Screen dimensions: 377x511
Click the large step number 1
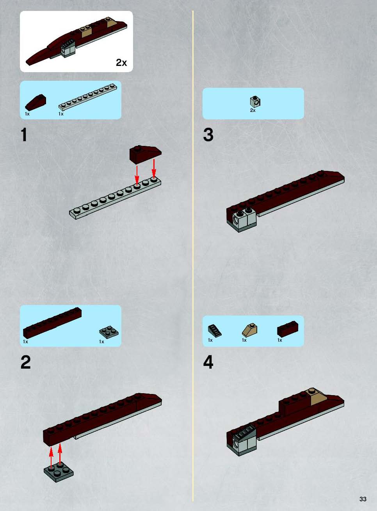(24, 135)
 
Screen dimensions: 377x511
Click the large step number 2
(25, 362)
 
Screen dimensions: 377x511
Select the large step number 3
(208, 135)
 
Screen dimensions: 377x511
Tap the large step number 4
(208, 362)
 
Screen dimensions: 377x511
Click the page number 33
(363, 499)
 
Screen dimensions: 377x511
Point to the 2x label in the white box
(121, 62)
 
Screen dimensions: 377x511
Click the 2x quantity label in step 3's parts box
(253, 110)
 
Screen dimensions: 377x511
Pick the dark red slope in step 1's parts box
(36, 102)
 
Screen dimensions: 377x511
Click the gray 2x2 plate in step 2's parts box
(108, 331)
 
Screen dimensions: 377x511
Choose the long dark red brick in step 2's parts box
(52, 323)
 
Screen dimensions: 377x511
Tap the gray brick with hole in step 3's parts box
(255, 102)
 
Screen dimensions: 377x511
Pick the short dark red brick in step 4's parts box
(287, 329)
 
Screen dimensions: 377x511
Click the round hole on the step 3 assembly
(235, 220)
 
